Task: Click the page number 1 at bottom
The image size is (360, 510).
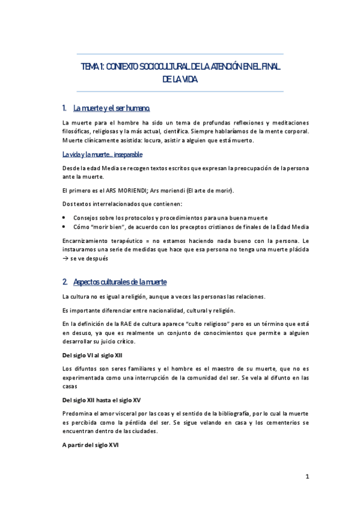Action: tap(307, 477)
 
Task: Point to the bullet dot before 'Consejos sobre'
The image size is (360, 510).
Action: tap(65, 217)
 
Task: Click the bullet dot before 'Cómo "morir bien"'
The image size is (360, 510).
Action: tap(65, 227)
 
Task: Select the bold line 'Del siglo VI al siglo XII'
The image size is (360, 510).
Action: tap(93, 355)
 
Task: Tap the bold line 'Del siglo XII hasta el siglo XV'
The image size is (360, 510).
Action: tap(102, 399)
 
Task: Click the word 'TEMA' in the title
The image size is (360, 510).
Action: tap(90, 67)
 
